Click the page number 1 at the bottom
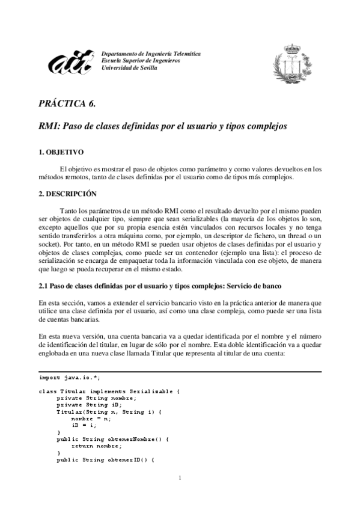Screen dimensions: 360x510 point(180,478)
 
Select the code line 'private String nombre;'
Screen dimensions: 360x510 point(96,398)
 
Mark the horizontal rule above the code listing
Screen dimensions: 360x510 point(180,372)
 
